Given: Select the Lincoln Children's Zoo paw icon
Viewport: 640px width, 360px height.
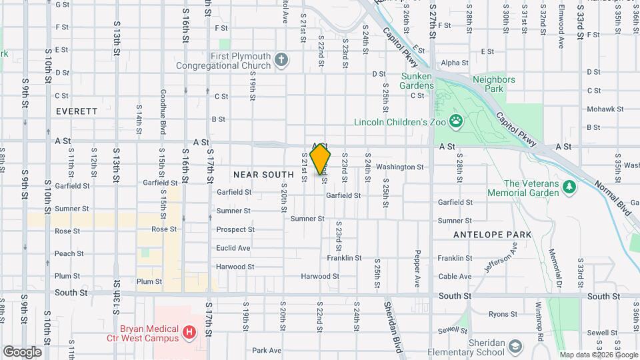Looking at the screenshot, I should pyautogui.click(x=456, y=121).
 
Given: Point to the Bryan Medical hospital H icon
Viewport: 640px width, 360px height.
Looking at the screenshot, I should pyautogui.click(x=190, y=331).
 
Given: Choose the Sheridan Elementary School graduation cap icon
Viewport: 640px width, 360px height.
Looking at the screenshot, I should pyautogui.click(x=515, y=346).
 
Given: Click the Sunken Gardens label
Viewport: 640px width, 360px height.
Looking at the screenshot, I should pyautogui.click(x=417, y=81).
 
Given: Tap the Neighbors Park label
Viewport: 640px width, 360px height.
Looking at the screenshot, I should pyautogui.click(x=494, y=84).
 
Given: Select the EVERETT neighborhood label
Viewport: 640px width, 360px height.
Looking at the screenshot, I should pyautogui.click(x=77, y=111).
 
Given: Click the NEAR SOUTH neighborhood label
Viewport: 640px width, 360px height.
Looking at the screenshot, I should pyautogui.click(x=255, y=175).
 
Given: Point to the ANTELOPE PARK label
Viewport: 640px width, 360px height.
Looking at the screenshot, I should pyautogui.click(x=492, y=235).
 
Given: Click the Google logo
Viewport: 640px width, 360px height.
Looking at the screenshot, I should pyautogui.click(x=21, y=352).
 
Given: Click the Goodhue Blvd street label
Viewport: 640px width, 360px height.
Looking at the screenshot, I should pyautogui.click(x=162, y=112).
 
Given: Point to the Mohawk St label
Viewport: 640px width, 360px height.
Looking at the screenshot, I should pyautogui.click(x=605, y=109).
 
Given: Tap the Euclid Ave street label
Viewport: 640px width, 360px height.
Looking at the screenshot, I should pyautogui.click(x=233, y=248).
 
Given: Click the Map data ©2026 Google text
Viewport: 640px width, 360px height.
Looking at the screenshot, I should pyautogui.click(x=598, y=355).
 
